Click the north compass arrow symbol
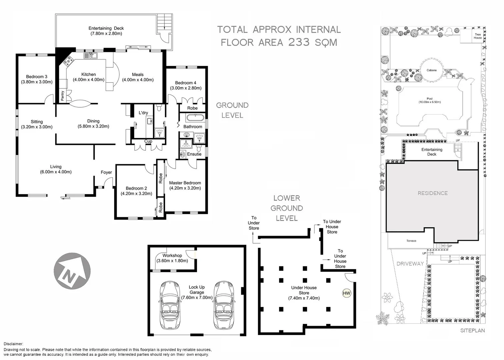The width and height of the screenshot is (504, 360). (x=72, y=271)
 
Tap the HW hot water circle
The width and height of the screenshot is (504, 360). (x=347, y=293)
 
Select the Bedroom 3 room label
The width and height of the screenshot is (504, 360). (x=37, y=77)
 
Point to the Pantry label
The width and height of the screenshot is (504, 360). (x=63, y=96)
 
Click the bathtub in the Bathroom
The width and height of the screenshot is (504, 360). (x=195, y=118)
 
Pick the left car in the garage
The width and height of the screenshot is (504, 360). (x=170, y=305)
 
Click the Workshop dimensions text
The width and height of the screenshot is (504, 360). (x=172, y=261)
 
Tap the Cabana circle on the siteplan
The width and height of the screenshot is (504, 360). (x=432, y=70)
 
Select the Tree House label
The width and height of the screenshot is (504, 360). (x=478, y=36)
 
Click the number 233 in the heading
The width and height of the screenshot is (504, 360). (x=299, y=42)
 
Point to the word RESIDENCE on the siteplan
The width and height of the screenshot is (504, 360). (x=433, y=193)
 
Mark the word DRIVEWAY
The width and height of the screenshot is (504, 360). (x=410, y=263)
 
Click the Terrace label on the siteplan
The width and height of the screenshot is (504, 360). (x=411, y=241)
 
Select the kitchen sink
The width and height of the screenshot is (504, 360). (x=90, y=55)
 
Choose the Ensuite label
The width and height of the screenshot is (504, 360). (x=194, y=154)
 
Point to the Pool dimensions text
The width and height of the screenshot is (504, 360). (x=430, y=102)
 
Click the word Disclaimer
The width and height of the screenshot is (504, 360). (x=13, y=344)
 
